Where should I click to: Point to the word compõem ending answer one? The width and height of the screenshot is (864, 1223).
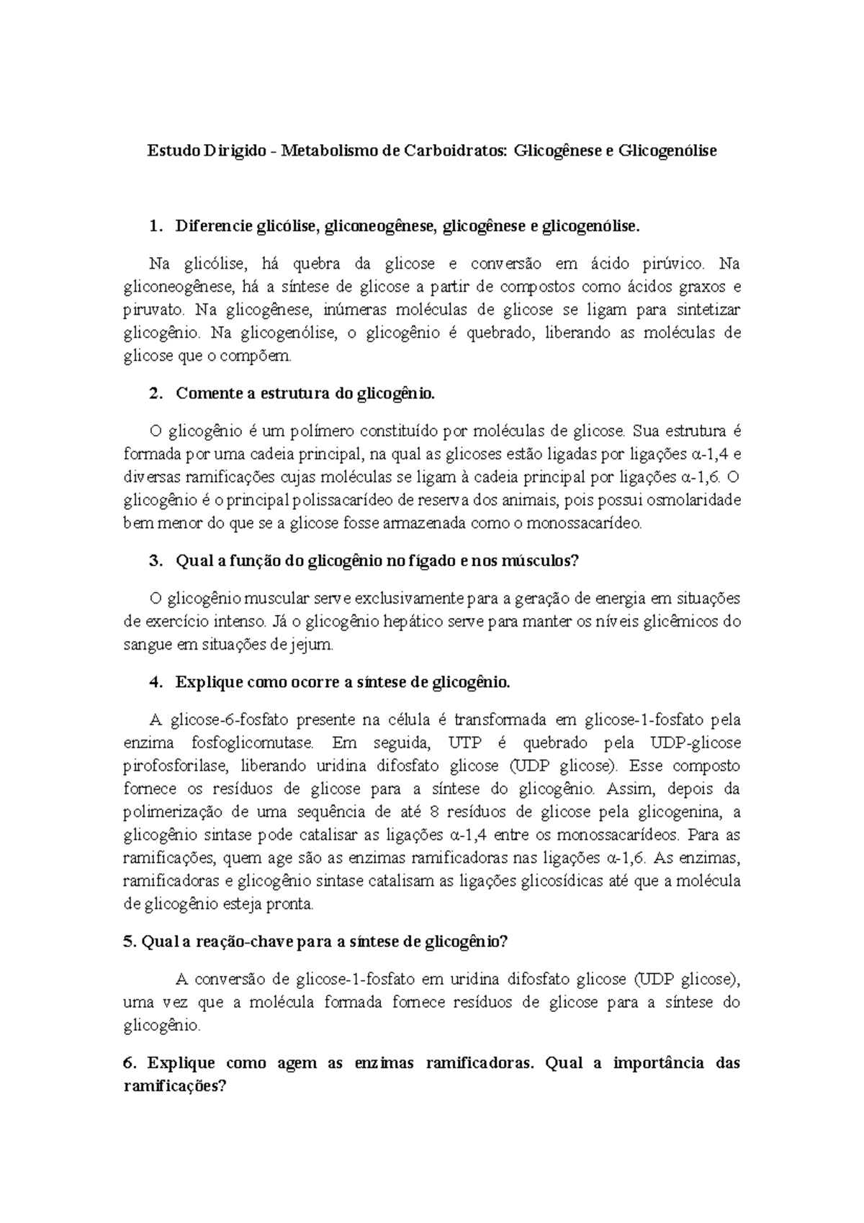click(x=266, y=357)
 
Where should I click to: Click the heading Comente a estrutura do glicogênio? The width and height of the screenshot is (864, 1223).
click(x=305, y=394)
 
